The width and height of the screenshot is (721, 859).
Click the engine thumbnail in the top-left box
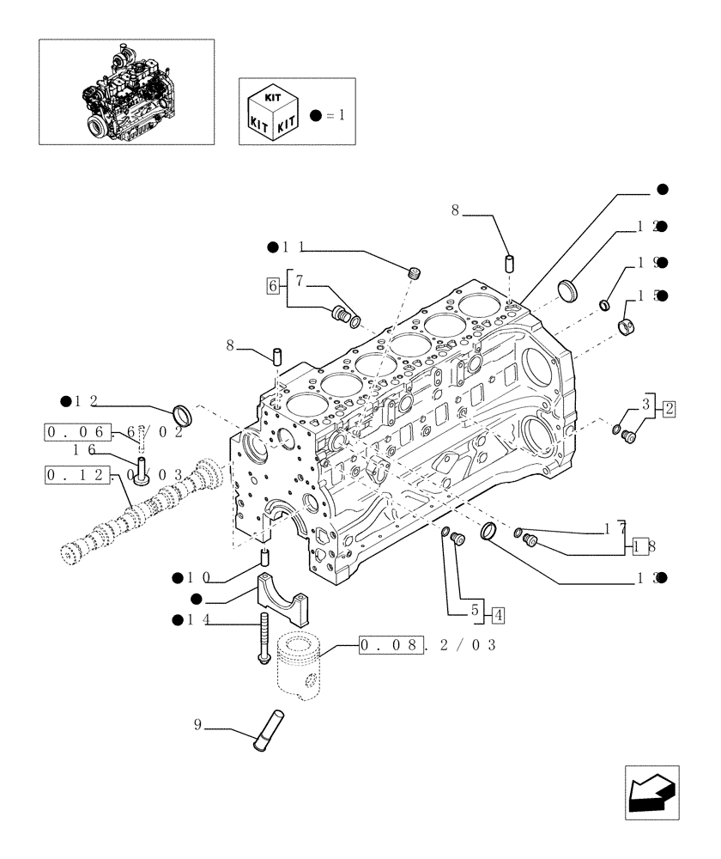click(x=126, y=90)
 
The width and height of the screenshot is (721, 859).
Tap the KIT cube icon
click(x=271, y=114)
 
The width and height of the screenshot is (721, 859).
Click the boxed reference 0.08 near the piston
click(x=391, y=644)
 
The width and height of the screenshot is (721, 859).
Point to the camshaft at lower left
click(x=137, y=515)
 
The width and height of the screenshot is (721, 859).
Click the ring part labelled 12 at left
click(x=183, y=414)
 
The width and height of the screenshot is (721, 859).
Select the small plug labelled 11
click(x=415, y=274)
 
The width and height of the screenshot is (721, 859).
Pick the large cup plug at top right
click(x=567, y=289)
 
